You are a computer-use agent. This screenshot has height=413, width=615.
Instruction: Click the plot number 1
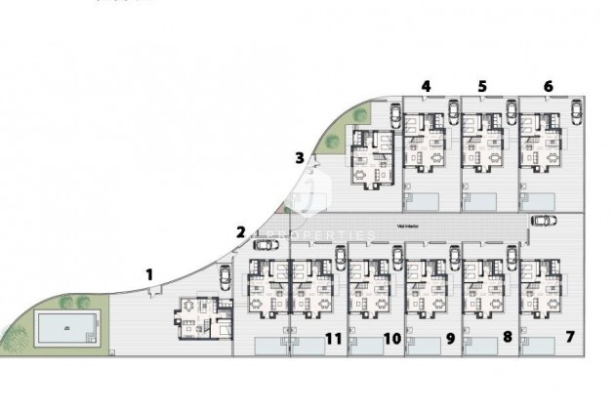click(x=149, y=274)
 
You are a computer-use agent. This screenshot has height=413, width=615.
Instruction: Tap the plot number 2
click(x=240, y=231)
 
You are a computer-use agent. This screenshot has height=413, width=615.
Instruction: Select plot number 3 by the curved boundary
click(x=300, y=157)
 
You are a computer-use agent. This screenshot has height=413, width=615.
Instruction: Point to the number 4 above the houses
click(x=426, y=86)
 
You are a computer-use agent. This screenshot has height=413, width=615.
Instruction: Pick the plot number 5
click(x=482, y=86)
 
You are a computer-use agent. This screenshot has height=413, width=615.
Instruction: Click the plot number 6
click(x=548, y=86)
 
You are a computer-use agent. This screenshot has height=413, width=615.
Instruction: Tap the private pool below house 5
click(x=485, y=202)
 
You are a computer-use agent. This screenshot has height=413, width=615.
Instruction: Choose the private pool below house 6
click(x=541, y=202)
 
